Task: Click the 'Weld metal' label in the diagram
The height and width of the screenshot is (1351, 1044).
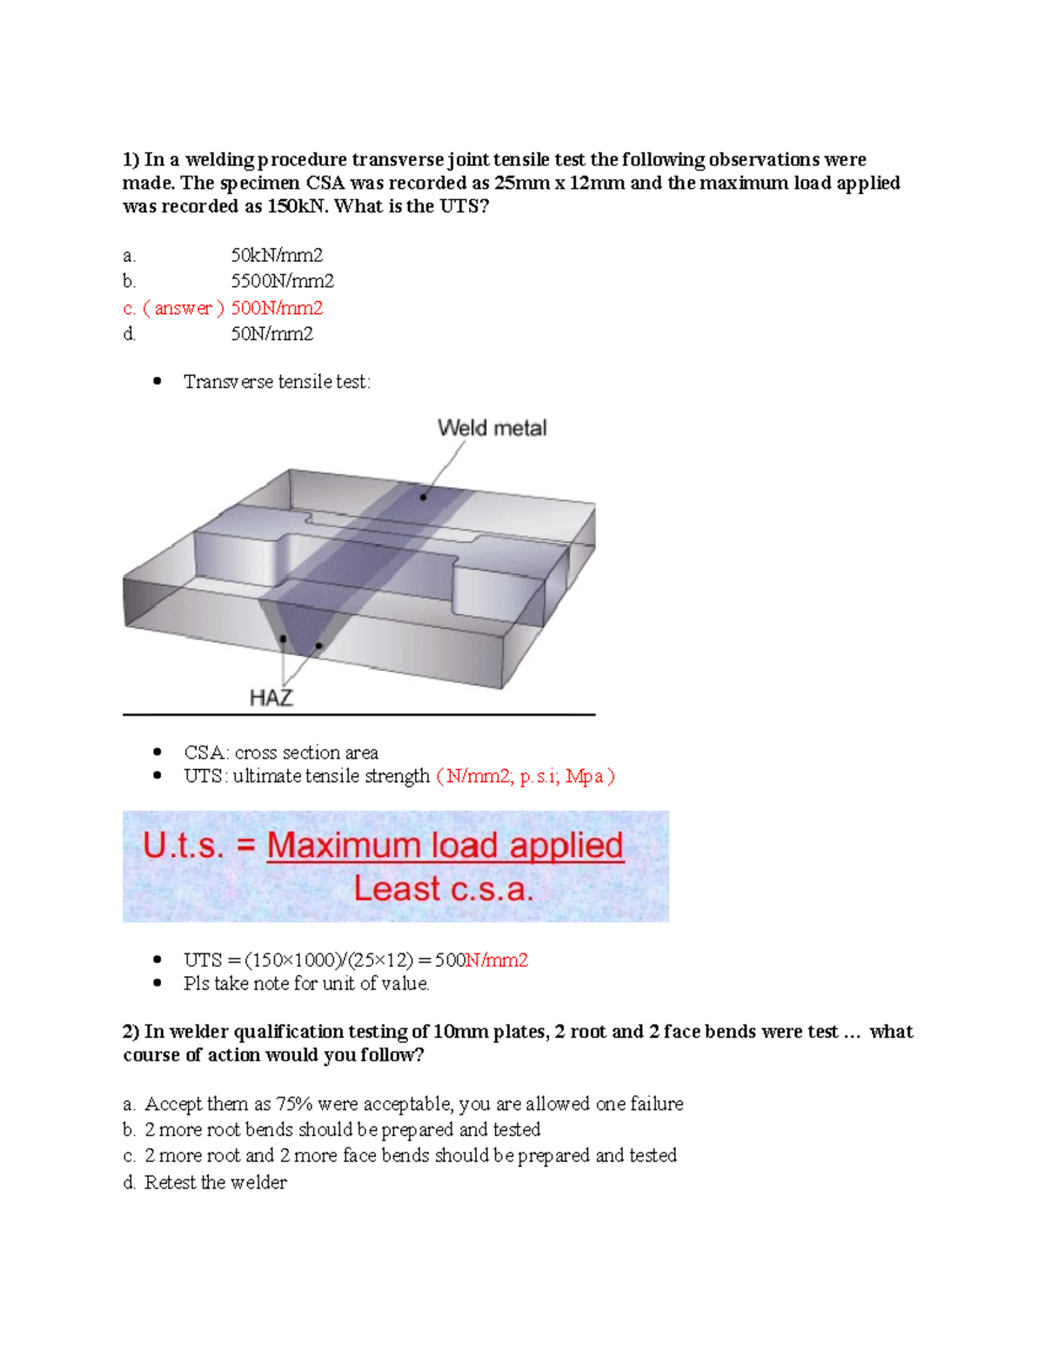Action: [492, 428]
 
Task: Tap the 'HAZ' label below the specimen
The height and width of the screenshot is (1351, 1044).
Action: [271, 698]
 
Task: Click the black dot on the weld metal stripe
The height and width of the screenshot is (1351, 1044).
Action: [424, 497]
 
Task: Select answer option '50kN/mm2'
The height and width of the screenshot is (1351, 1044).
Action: [277, 255]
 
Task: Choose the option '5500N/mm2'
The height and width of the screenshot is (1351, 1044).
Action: [282, 281]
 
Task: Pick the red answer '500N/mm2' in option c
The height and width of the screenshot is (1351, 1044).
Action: [277, 308]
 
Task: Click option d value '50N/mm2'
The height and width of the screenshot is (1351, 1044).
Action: [271, 334]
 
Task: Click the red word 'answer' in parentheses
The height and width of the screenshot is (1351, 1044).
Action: [183, 308]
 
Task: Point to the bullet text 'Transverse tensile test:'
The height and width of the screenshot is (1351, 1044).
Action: [277, 382]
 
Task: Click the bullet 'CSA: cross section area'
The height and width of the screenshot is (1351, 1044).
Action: [280, 752]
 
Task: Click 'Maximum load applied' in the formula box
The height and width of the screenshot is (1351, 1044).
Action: [445, 846]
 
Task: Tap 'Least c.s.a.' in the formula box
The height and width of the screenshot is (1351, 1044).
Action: [443, 889]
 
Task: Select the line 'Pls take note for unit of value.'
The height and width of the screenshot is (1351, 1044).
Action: [306, 984]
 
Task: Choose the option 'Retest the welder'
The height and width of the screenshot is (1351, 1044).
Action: [215, 1182]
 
